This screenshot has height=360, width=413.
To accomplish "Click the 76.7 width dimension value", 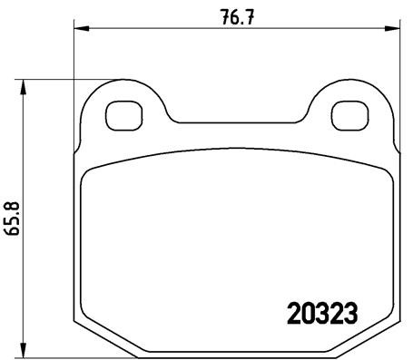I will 235,15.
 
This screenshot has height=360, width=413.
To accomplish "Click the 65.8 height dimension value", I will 13,219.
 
